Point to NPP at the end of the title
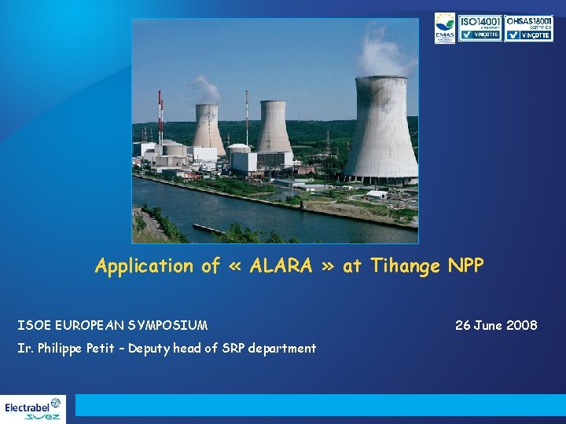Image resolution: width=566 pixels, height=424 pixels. point(466,266)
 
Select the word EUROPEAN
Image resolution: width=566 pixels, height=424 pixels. point(90,324)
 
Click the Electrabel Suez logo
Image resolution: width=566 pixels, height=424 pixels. point(33,408)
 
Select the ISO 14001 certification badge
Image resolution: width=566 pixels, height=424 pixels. point(480,27)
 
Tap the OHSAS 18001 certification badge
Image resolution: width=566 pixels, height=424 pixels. point(529,27)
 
